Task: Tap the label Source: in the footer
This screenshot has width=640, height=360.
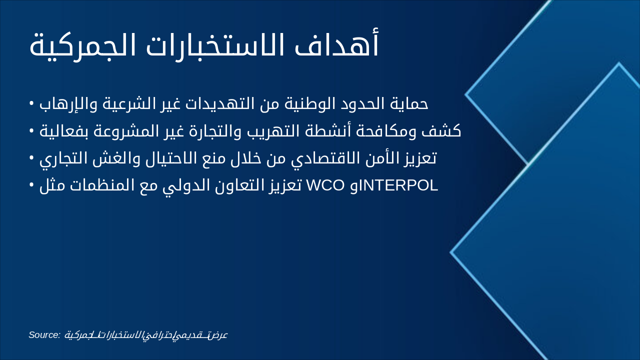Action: pos(44,334)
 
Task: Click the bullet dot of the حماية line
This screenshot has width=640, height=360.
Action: pos(31,103)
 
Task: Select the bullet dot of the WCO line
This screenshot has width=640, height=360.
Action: pos(31,185)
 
